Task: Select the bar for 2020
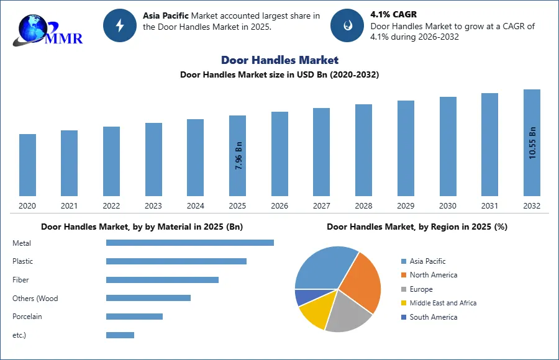[27, 165]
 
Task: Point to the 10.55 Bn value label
[532, 143]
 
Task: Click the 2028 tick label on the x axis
[363, 206]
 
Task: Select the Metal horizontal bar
[189, 243]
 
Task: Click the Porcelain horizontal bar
[134, 317]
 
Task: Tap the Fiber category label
[20, 280]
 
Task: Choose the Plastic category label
[23, 261]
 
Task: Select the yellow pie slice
[314, 313]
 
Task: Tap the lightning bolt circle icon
[120, 25]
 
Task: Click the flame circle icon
[347, 25]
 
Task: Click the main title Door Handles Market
[279, 60]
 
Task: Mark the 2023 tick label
[153, 206]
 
